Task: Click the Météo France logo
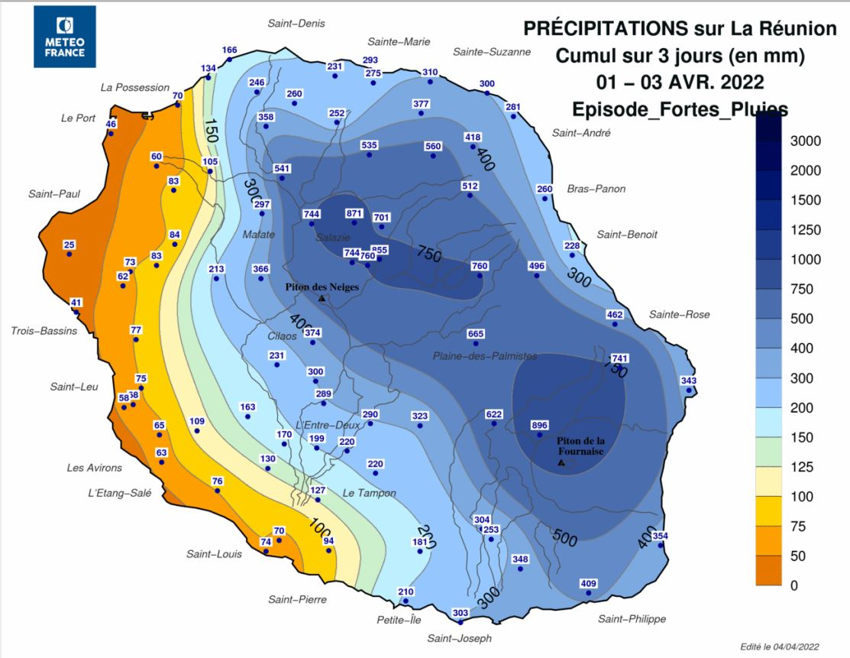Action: click(x=64, y=36)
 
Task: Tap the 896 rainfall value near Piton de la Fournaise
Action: click(x=540, y=426)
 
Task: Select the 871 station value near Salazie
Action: click(x=354, y=213)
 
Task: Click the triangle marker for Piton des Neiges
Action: click(x=322, y=298)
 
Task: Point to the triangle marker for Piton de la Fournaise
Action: click(x=561, y=462)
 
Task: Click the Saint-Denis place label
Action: click(x=296, y=24)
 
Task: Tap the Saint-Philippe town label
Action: click(x=632, y=619)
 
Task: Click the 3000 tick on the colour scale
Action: click(x=806, y=141)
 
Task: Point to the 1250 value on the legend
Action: click(x=805, y=230)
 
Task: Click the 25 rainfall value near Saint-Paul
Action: click(x=69, y=245)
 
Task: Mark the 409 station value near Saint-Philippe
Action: click(x=589, y=584)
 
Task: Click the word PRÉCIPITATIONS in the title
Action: click(x=605, y=29)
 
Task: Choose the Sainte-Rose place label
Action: click(x=679, y=315)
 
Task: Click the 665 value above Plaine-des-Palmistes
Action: click(x=476, y=334)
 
